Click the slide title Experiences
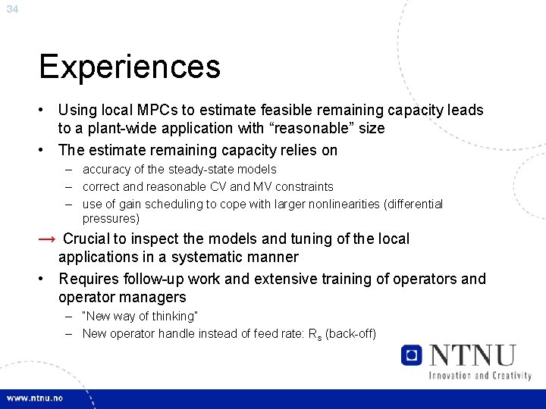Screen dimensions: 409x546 (130, 67)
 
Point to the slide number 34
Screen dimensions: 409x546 (11, 9)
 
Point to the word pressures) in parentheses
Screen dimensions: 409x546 (111, 219)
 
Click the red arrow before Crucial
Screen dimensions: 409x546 (47, 239)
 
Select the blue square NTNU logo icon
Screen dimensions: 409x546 (412, 355)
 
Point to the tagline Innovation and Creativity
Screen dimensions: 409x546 (480, 375)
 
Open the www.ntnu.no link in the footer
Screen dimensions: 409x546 (36, 398)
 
